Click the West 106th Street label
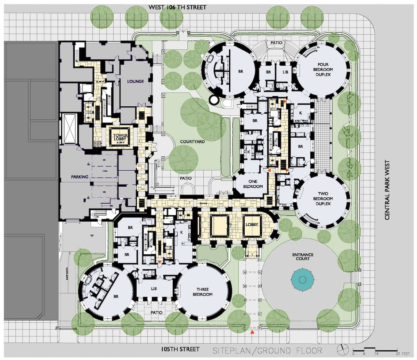pos(177,7)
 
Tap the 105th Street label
pos(181,349)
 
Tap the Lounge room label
pos(136,81)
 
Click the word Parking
pos(80,177)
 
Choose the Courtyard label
pos(192,142)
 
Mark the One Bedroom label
pos(252,184)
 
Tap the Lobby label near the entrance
pos(252,224)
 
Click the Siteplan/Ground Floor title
pos(267,350)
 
